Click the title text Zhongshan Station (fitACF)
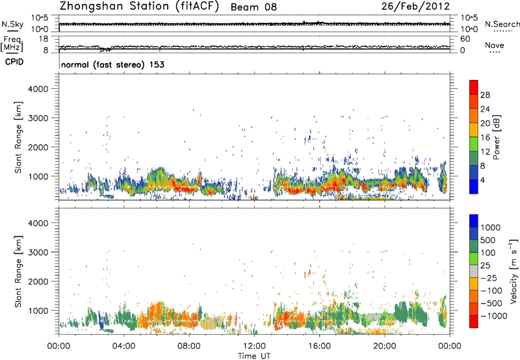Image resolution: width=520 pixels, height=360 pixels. pyautogui.click(x=139, y=7)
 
